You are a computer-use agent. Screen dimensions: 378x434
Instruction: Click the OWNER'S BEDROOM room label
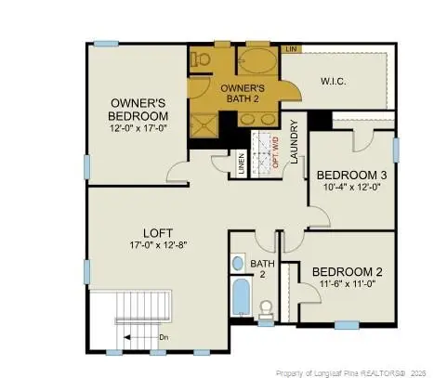138,109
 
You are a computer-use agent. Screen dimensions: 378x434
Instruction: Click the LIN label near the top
291,47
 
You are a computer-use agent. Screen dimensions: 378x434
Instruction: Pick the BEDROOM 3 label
351,175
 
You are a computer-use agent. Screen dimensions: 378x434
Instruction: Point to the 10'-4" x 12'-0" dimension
351,189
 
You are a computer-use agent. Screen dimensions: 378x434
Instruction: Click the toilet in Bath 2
268,309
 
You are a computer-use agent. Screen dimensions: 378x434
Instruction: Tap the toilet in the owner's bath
199,58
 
